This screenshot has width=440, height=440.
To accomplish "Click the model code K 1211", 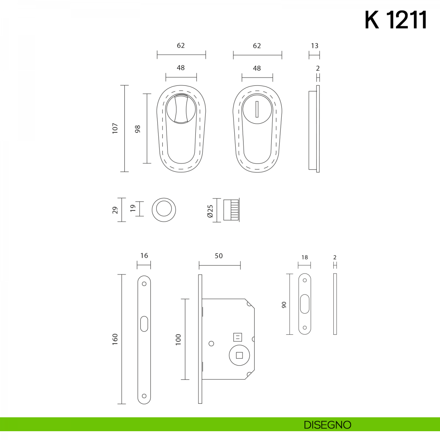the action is (396, 20).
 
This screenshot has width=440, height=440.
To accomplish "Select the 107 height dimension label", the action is (115, 128).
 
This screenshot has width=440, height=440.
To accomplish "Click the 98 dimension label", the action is (137, 129).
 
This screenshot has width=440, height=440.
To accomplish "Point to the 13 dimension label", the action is (314, 46).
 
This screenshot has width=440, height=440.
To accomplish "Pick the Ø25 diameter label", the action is (210, 211).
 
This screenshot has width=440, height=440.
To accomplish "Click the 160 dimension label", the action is (115, 339).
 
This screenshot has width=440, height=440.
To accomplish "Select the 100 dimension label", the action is (178, 340).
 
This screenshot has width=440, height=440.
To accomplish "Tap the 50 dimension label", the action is (219, 256).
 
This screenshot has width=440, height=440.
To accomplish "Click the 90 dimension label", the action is (284, 305).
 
